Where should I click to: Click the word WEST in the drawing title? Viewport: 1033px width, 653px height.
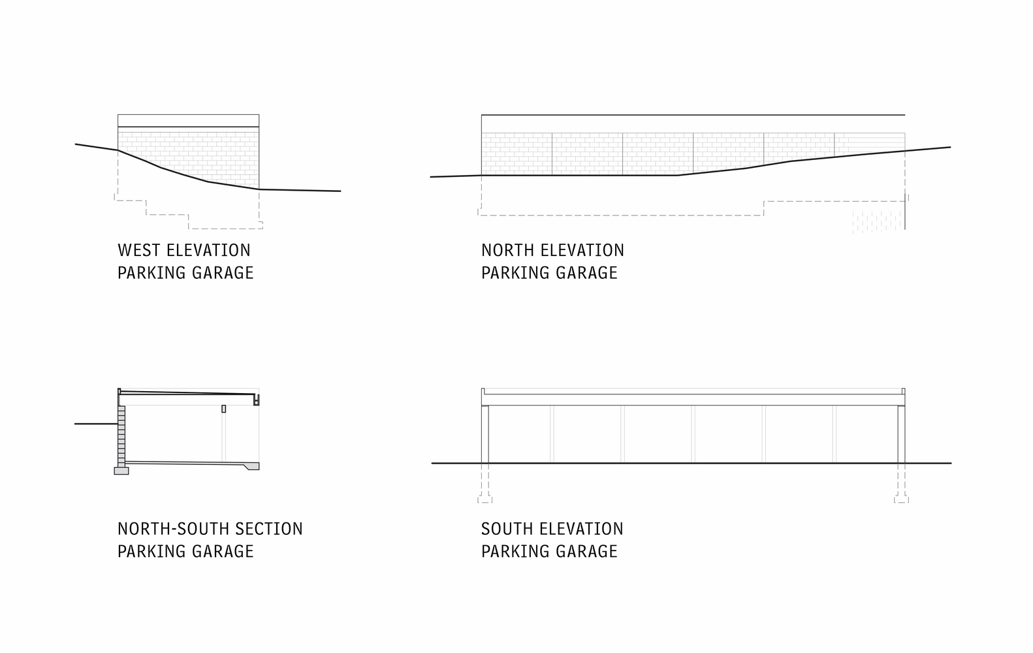pos(139,251)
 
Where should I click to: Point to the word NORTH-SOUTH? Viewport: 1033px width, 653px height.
pos(172,529)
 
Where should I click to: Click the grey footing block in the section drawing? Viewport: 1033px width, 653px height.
pos(121,470)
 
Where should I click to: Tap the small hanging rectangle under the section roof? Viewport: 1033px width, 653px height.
pos(223,409)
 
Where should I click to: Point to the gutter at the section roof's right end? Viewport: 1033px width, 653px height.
pos(257,400)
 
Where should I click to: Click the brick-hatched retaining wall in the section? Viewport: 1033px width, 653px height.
pos(121,434)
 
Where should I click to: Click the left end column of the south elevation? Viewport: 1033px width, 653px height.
pos(485,434)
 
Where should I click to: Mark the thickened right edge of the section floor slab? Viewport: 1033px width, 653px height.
pos(251,466)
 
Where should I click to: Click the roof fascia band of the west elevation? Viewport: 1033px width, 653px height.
pos(188,121)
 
